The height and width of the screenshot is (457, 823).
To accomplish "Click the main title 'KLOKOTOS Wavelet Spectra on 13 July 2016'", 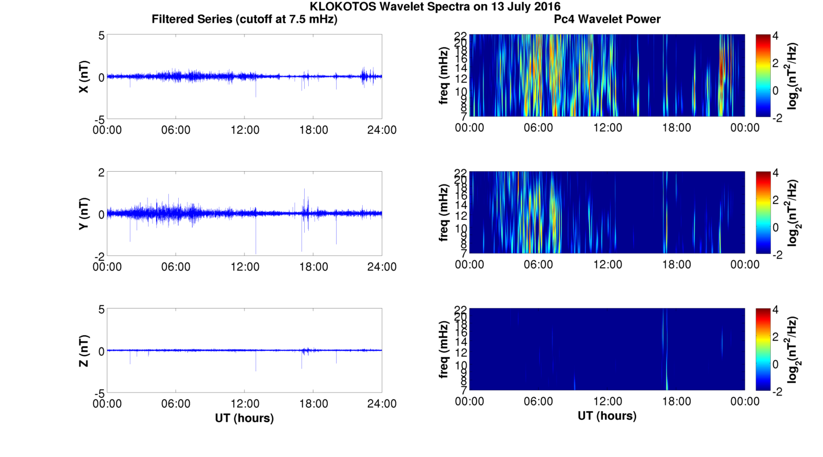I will pos(435,7).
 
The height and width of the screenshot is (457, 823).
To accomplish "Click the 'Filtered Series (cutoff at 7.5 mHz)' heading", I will pos(244,19).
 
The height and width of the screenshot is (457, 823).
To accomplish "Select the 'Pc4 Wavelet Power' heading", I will pos(607,19).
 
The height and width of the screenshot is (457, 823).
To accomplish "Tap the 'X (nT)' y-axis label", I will pos(84,77).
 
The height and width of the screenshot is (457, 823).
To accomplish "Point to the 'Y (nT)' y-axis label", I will pos(84,214).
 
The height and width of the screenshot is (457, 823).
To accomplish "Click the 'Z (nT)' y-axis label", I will pos(84,351).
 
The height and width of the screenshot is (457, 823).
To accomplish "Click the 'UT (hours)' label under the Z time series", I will pos(244,418).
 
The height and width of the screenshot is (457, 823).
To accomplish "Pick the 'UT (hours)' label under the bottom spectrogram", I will pos(607,416).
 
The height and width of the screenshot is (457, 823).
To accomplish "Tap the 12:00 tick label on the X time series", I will pos(244,130).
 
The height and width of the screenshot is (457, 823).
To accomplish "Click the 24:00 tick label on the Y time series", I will pos(381,267).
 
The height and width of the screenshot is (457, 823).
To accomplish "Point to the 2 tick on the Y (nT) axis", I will pos(101,173).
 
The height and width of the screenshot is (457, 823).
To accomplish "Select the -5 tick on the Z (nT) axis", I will pos(98,393).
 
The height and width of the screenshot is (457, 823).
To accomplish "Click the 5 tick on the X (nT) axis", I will pos(101,36).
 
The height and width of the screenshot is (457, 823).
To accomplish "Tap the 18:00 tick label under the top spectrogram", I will pos(676,128).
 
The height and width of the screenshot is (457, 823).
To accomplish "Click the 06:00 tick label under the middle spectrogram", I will pos(538,264).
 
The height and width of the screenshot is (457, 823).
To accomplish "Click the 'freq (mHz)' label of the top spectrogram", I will pos(444,76).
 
